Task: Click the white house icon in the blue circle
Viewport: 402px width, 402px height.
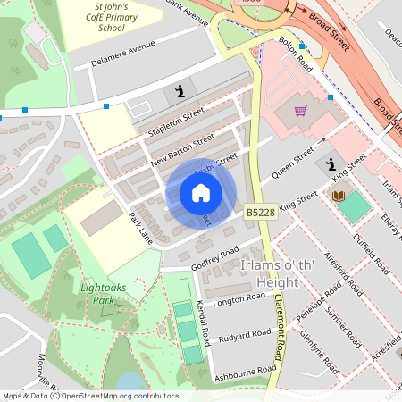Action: coord(201,193)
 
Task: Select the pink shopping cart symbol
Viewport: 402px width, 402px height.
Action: coord(301,112)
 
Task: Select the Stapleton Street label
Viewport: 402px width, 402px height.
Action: coord(177,121)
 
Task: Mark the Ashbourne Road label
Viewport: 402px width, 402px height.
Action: coord(244,370)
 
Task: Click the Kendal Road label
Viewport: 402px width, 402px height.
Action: coord(206,322)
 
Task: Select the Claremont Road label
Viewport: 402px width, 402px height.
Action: coord(280,327)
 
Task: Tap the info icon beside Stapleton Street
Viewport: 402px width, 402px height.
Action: coord(180,92)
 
